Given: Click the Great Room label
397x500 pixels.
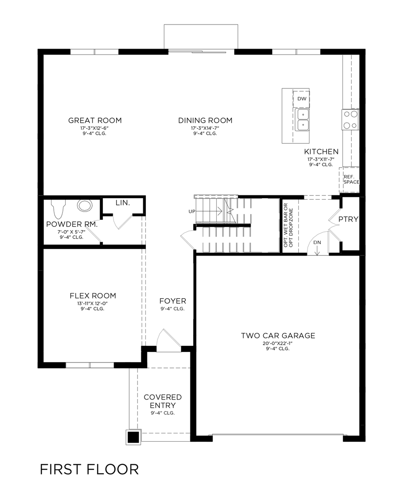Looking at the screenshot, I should (x=95, y=120).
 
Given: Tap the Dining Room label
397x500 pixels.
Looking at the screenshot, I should (x=205, y=120).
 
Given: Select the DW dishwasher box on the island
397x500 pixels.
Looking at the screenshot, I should (x=302, y=99).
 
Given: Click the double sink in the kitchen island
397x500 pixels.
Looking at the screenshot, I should (x=302, y=119).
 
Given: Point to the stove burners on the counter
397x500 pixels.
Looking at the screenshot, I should (x=350, y=119).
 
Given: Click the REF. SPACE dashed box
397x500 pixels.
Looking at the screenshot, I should (x=351, y=180).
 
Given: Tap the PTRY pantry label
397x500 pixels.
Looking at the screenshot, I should (x=348, y=219).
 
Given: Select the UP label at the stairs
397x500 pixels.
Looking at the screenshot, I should (x=192, y=211).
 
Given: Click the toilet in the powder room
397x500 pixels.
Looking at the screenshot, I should (x=58, y=209).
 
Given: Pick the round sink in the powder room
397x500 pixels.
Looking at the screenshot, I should (x=85, y=206).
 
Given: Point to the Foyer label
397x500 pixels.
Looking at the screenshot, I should (x=173, y=300).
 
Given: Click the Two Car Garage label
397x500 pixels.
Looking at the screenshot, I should (x=278, y=336).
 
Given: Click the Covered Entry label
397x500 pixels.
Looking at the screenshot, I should (x=163, y=401).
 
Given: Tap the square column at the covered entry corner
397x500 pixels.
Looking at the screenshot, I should (x=133, y=437).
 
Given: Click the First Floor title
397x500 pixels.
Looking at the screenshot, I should (x=89, y=469).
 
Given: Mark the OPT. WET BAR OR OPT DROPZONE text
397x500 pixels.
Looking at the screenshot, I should (x=288, y=225).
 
